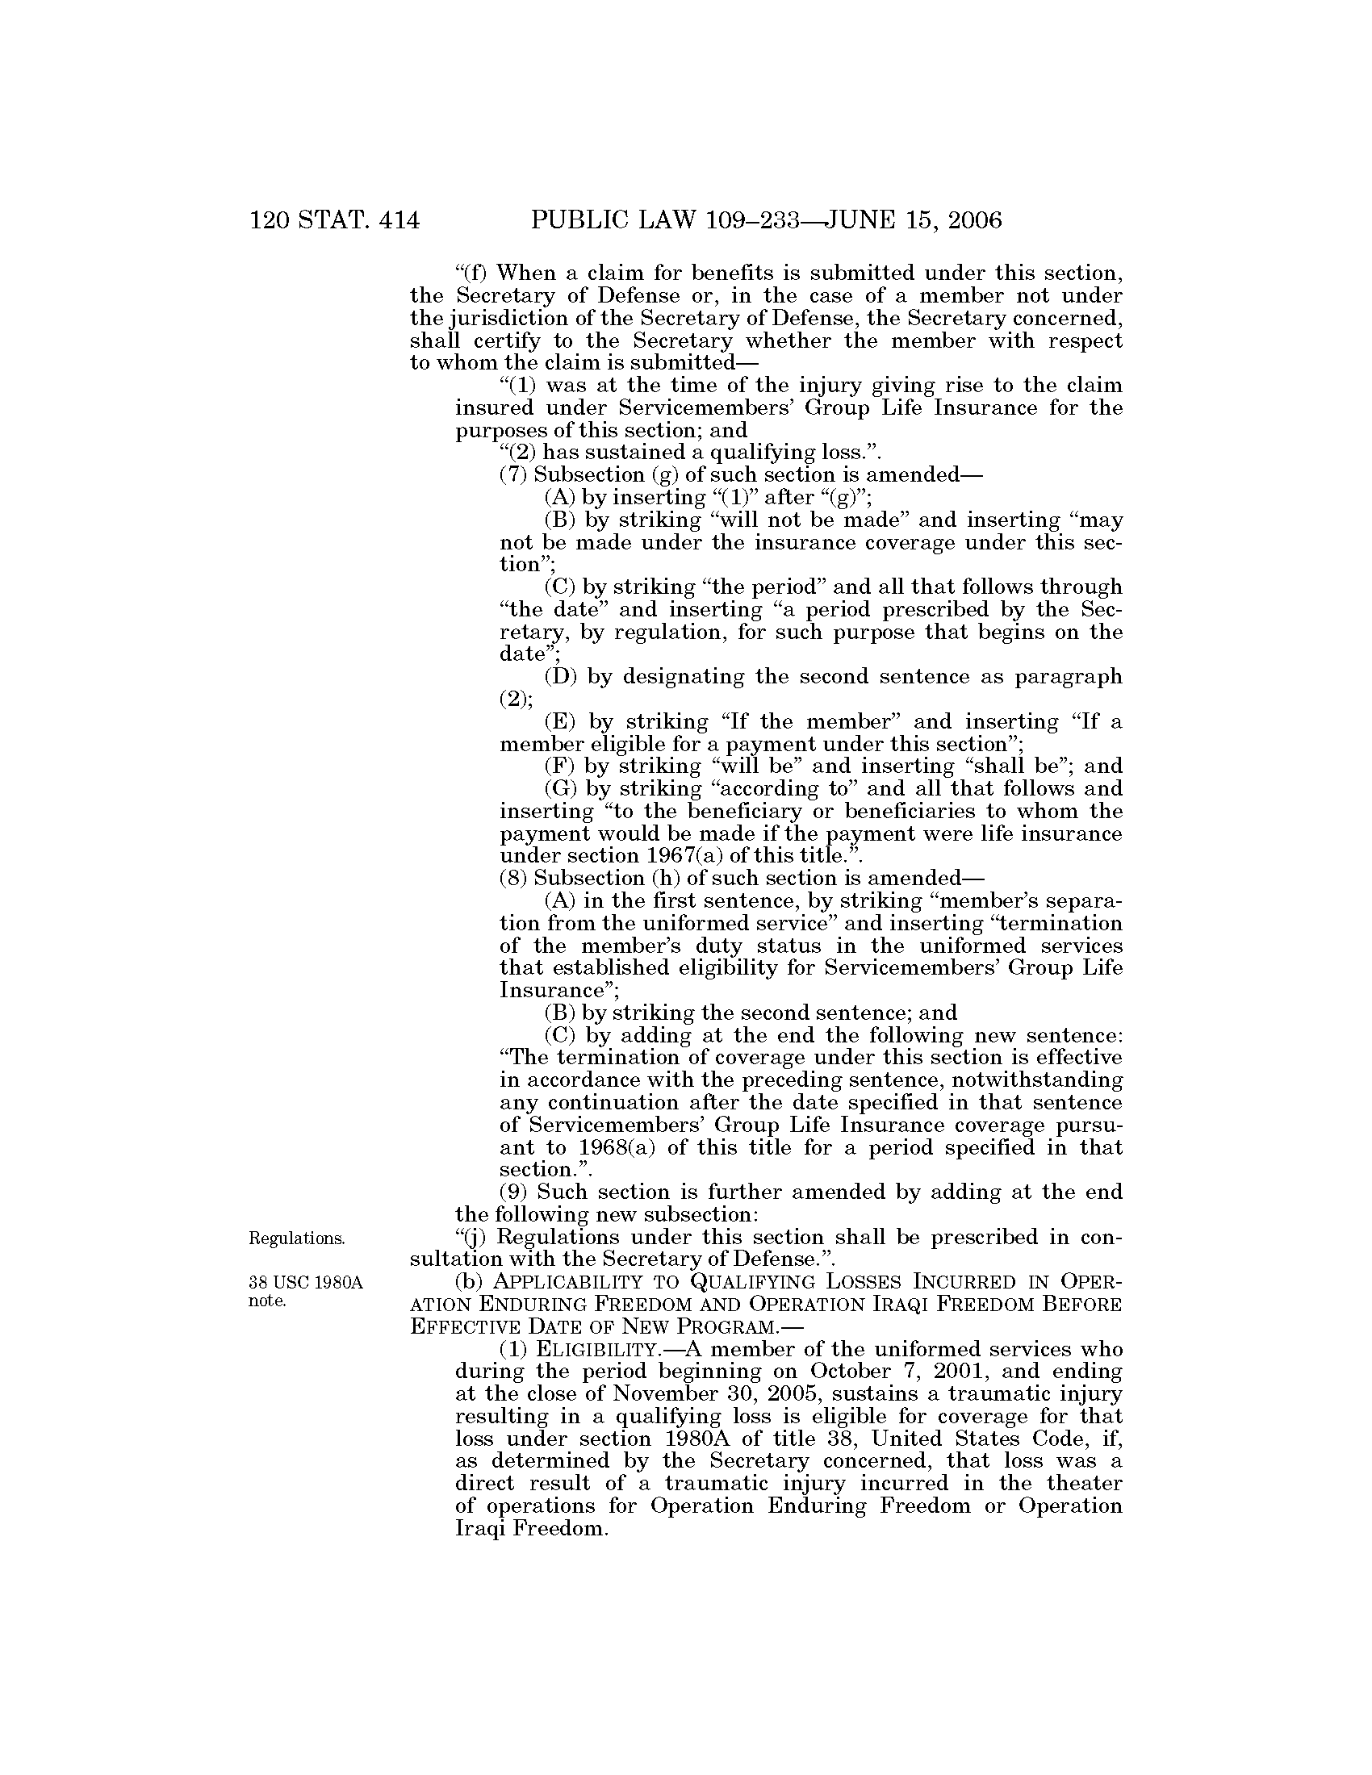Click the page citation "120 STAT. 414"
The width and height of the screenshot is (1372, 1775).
[335, 220]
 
